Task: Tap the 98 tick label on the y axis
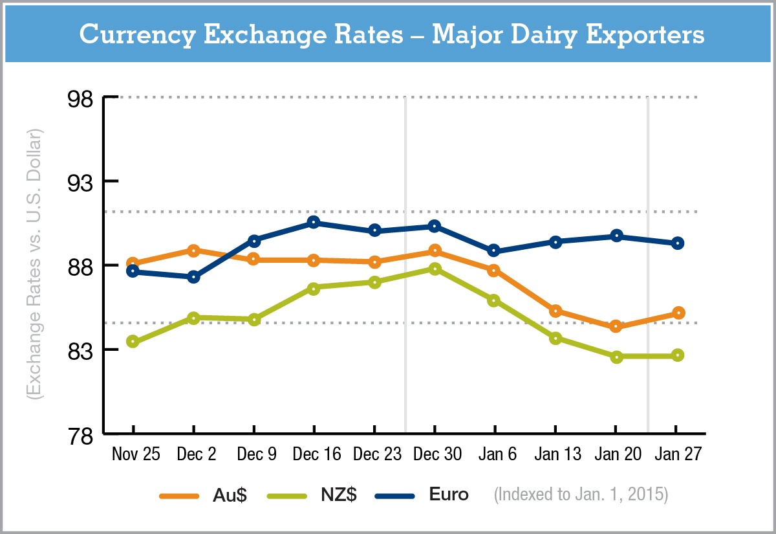coord(81,98)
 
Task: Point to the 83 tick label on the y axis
coord(81,350)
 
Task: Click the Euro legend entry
coord(449,495)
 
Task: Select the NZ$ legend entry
coord(336,495)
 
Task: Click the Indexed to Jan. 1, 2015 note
coord(581,495)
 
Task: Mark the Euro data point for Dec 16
coord(314,222)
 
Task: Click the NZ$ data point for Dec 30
coord(435,269)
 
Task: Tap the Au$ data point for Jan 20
coord(616,326)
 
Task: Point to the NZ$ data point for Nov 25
coord(133,342)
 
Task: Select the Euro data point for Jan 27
coord(677,243)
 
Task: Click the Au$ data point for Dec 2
coord(193,250)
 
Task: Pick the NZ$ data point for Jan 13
coord(555,338)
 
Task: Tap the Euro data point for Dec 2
coord(193,277)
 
